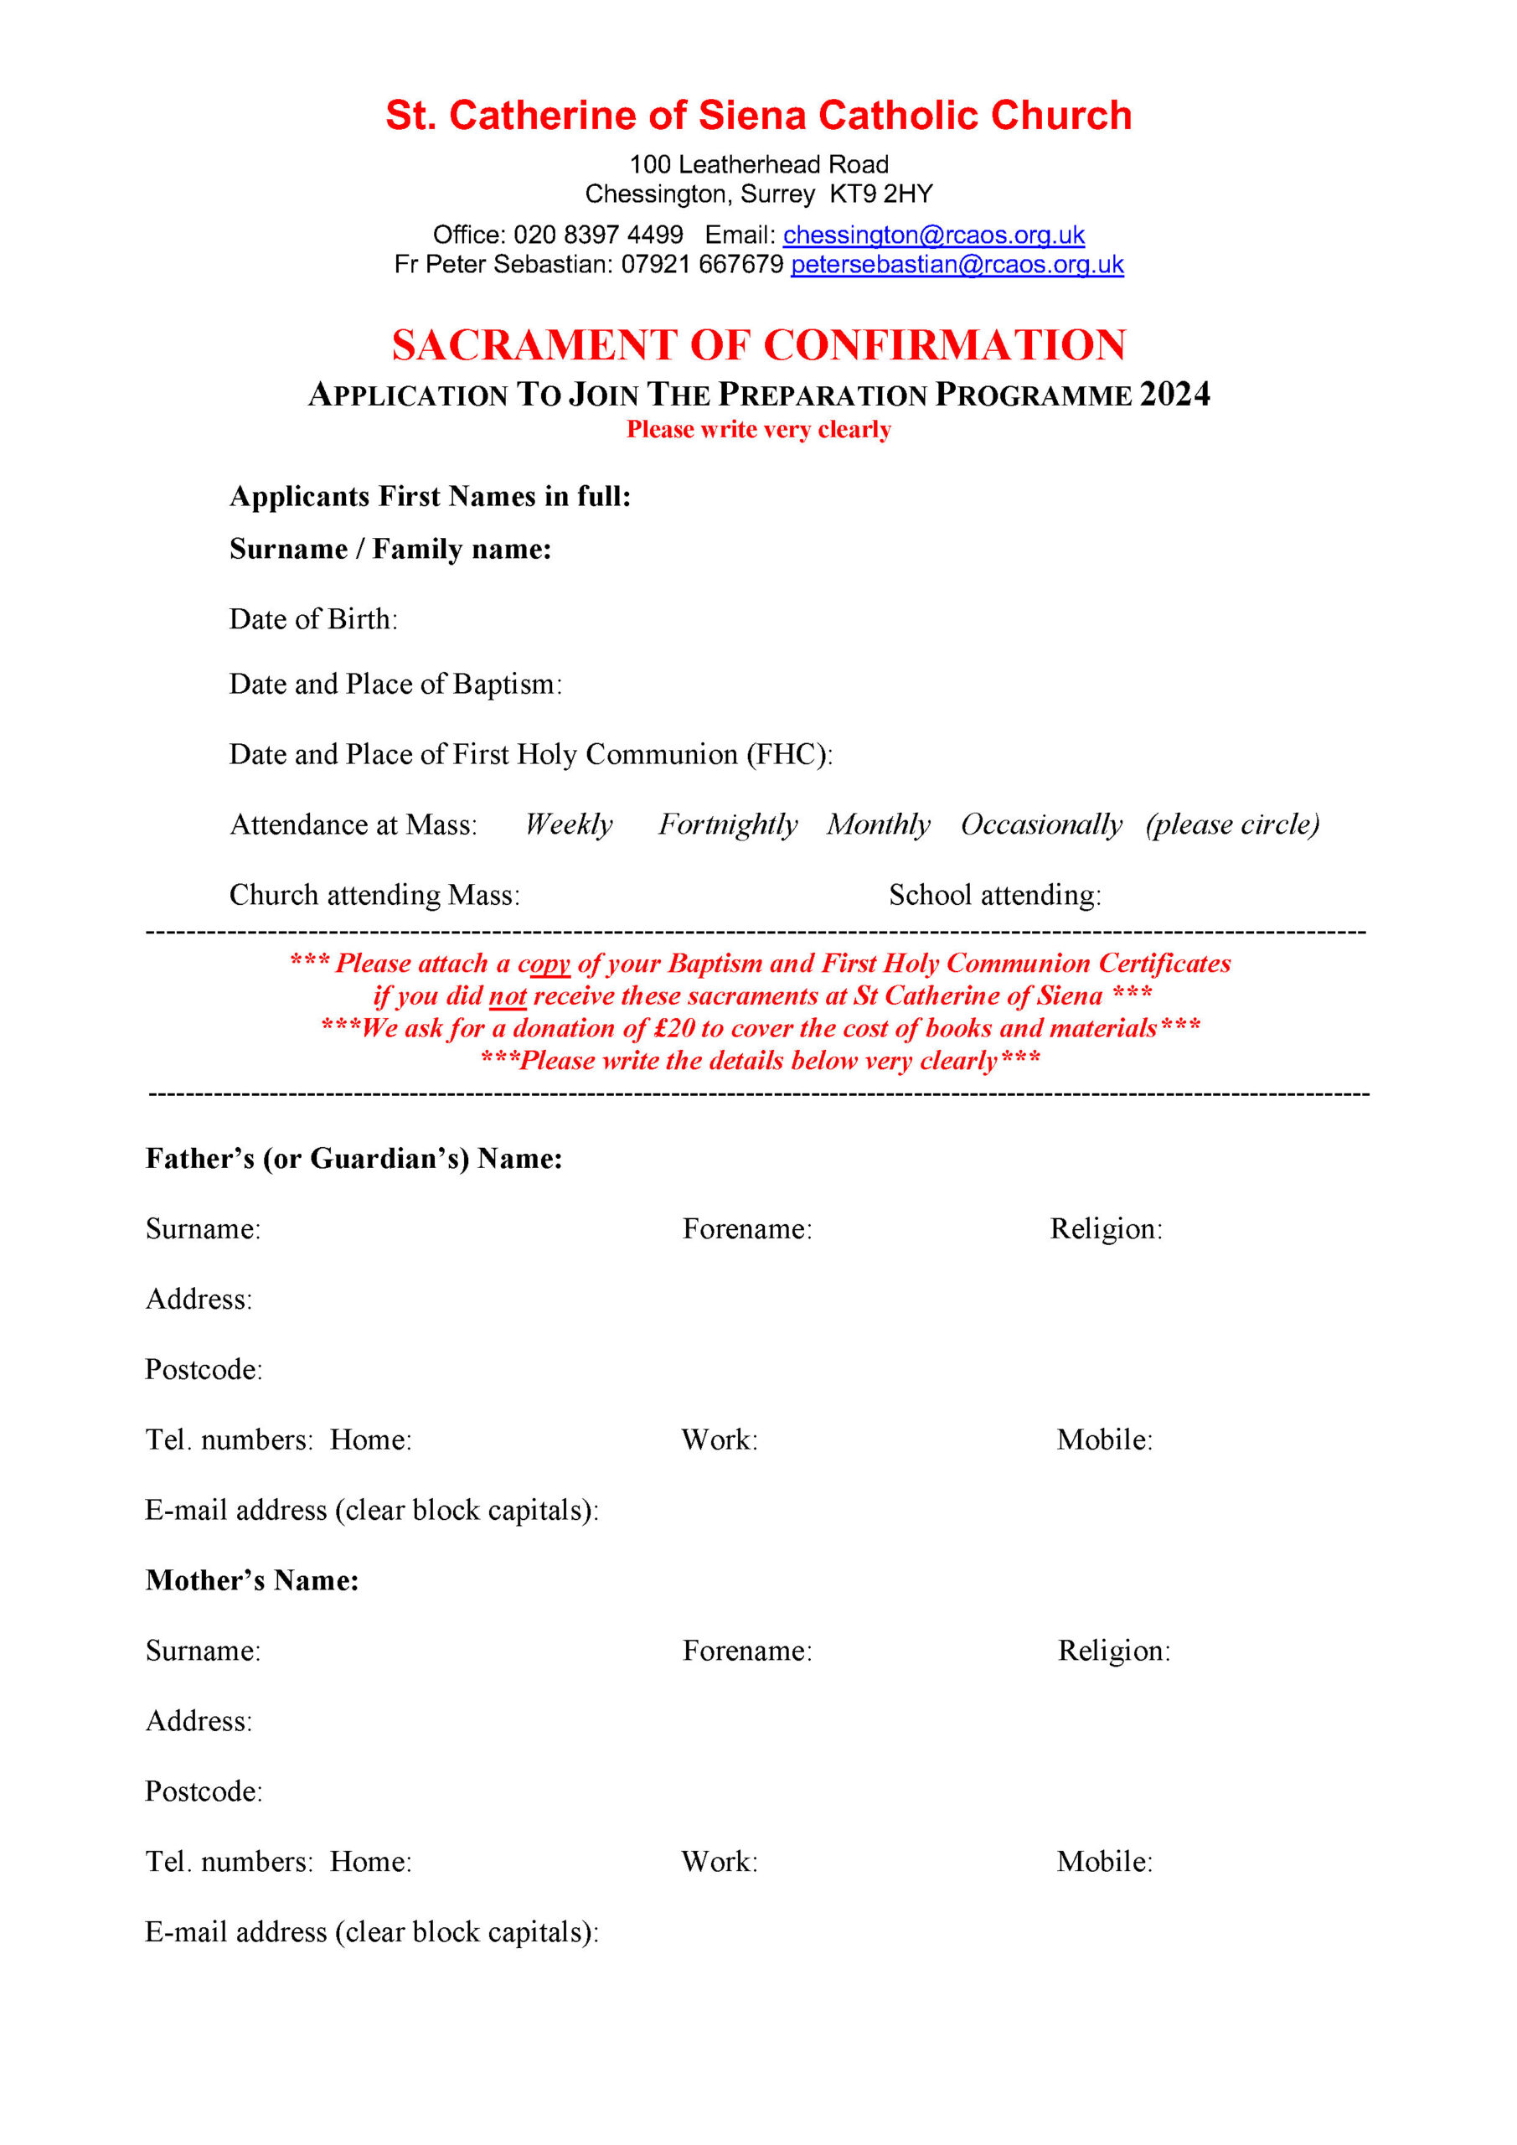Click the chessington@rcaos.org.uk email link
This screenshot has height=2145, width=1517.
pyautogui.click(x=933, y=235)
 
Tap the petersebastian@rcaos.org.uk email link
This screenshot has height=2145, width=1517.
pyautogui.click(x=957, y=265)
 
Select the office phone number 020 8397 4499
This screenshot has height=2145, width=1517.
pyautogui.click(x=598, y=235)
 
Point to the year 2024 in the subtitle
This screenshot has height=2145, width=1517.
pyautogui.click(x=1174, y=395)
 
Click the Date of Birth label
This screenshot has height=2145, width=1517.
pyautogui.click(x=313, y=618)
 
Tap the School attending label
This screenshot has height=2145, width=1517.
pyautogui.click(x=995, y=895)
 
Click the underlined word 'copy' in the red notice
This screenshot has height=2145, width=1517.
pyautogui.click(x=544, y=964)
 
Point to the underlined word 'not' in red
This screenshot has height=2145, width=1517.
pyautogui.click(x=508, y=996)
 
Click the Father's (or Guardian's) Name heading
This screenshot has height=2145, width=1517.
pyautogui.click(x=354, y=1159)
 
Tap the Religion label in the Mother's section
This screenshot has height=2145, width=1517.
pyautogui.click(x=1113, y=1651)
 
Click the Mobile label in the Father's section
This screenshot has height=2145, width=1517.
pyautogui.click(x=1104, y=1439)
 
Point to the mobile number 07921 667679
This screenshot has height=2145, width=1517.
pyautogui.click(x=701, y=265)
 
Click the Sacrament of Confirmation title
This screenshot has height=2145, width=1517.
pyautogui.click(x=759, y=344)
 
